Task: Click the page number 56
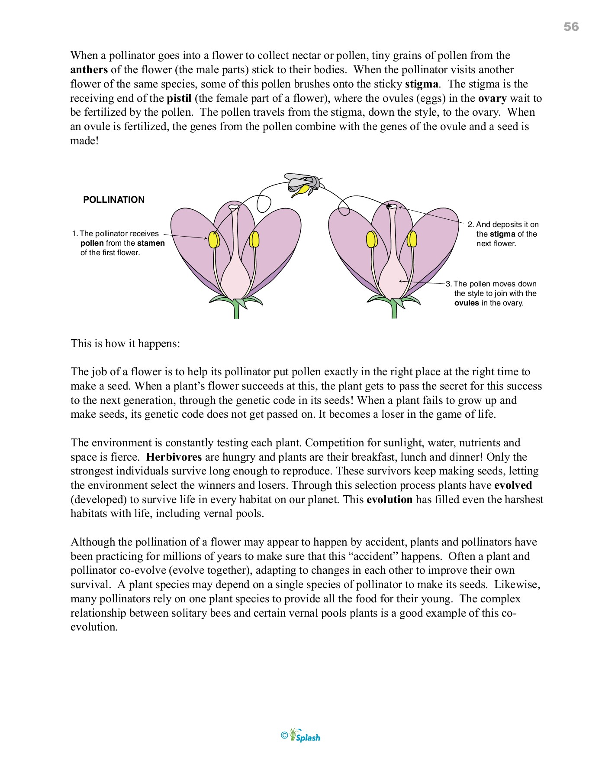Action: click(x=571, y=27)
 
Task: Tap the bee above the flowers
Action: click(x=303, y=184)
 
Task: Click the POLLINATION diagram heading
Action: click(x=114, y=200)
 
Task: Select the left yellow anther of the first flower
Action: click(x=214, y=240)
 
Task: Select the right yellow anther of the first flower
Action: click(x=254, y=240)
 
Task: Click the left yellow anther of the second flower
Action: click(x=371, y=240)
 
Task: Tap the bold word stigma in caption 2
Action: click(x=502, y=234)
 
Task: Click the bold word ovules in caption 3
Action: click(x=466, y=303)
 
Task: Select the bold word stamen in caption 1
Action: click(x=151, y=243)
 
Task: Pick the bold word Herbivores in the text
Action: click(x=174, y=457)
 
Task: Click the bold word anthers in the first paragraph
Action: click(x=89, y=70)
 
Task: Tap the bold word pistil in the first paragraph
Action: click(x=179, y=98)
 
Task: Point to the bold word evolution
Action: click(x=389, y=500)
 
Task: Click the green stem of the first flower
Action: click(x=236, y=311)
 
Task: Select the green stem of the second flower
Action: click(x=394, y=311)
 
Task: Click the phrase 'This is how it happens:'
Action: click(x=125, y=344)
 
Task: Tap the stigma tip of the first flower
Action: click(x=234, y=207)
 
